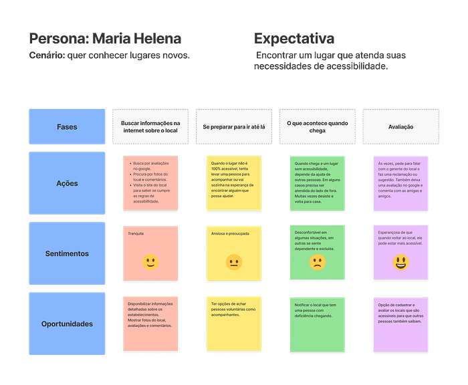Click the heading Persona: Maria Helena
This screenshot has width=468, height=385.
[x=105, y=39]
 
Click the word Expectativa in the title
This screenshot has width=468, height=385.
[x=294, y=39]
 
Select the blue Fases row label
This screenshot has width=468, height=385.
[x=67, y=126]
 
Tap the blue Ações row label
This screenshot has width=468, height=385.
[x=67, y=183]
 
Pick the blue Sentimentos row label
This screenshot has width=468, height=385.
[x=67, y=253]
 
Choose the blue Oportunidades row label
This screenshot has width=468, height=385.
[x=67, y=324]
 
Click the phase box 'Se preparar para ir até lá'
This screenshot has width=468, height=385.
[x=234, y=126]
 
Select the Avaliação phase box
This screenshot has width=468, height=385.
[x=400, y=126]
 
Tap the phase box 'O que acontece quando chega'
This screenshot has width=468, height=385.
[x=317, y=126]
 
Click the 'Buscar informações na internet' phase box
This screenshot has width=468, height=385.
[x=150, y=126]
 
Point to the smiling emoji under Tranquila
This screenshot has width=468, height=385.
[x=150, y=262]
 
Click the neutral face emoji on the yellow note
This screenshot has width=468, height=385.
[x=233, y=262]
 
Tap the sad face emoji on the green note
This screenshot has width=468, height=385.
[x=317, y=263]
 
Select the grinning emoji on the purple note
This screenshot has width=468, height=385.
[x=400, y=263]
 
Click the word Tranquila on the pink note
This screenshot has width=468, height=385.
[x=136, y=234]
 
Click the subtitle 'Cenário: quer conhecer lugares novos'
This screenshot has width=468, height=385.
[x=110, y=55]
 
